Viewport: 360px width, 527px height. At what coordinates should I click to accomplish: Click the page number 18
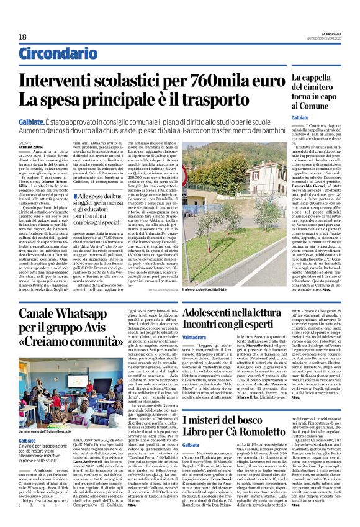pos(23,37)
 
